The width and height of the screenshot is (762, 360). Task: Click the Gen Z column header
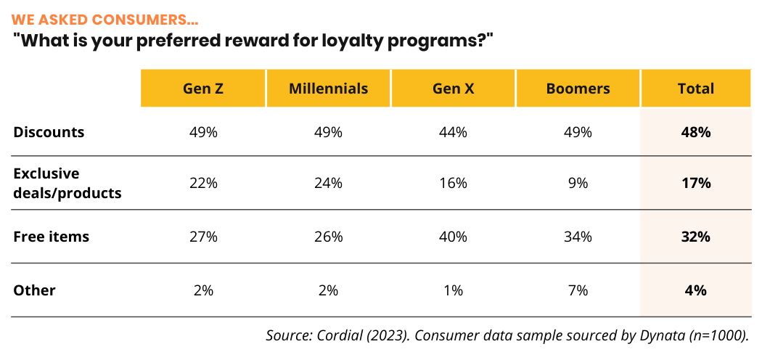203,89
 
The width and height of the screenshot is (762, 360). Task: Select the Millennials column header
328,89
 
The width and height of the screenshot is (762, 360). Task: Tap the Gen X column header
453,89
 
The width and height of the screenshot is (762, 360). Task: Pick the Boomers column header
578,89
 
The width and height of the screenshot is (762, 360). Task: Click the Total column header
695,89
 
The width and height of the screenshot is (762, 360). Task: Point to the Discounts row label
49,132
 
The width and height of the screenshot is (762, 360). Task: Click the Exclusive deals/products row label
67,184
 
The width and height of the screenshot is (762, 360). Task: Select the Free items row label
51,237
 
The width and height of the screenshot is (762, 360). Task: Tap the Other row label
35,290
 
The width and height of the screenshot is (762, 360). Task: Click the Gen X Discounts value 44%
453,132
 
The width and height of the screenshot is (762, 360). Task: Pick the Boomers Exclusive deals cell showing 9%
578,184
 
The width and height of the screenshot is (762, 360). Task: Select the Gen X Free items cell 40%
453,237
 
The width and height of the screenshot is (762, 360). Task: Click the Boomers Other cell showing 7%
578,290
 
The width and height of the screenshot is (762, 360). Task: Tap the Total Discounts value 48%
695,132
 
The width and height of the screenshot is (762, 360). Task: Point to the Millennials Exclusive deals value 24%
328,184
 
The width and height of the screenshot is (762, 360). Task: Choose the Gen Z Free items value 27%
203,237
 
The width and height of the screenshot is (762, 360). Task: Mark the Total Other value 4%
695,290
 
